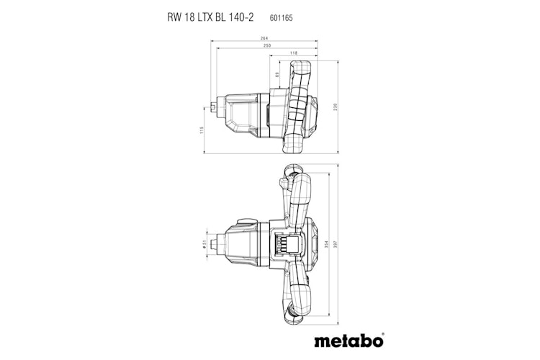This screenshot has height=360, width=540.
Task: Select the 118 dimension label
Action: [x=294, y=53]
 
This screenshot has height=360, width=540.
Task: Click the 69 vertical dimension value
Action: [x=277, y=75]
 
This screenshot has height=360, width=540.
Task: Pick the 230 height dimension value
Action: [x=334, y=107]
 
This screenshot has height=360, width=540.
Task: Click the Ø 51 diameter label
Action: [x=204, y=243]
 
